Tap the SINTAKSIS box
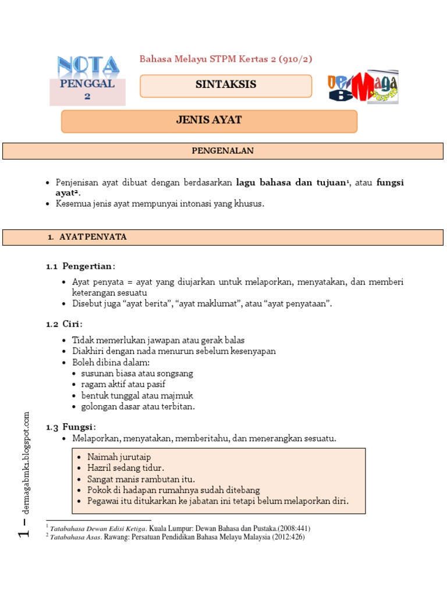[x=226, y=85]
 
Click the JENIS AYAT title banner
[x=209, y=121]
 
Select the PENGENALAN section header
[x=223, y=151]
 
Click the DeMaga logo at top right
[x=363, y=88]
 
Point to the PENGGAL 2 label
[x=87, y=90]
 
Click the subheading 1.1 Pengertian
[x=81, y=266]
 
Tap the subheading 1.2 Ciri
[x=65, y=324]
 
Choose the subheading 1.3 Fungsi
[x=72, y=427]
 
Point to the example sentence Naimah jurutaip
[x=119, y=457]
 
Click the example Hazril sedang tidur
[x=125, y=468]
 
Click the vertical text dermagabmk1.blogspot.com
[x=26, y=463]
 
